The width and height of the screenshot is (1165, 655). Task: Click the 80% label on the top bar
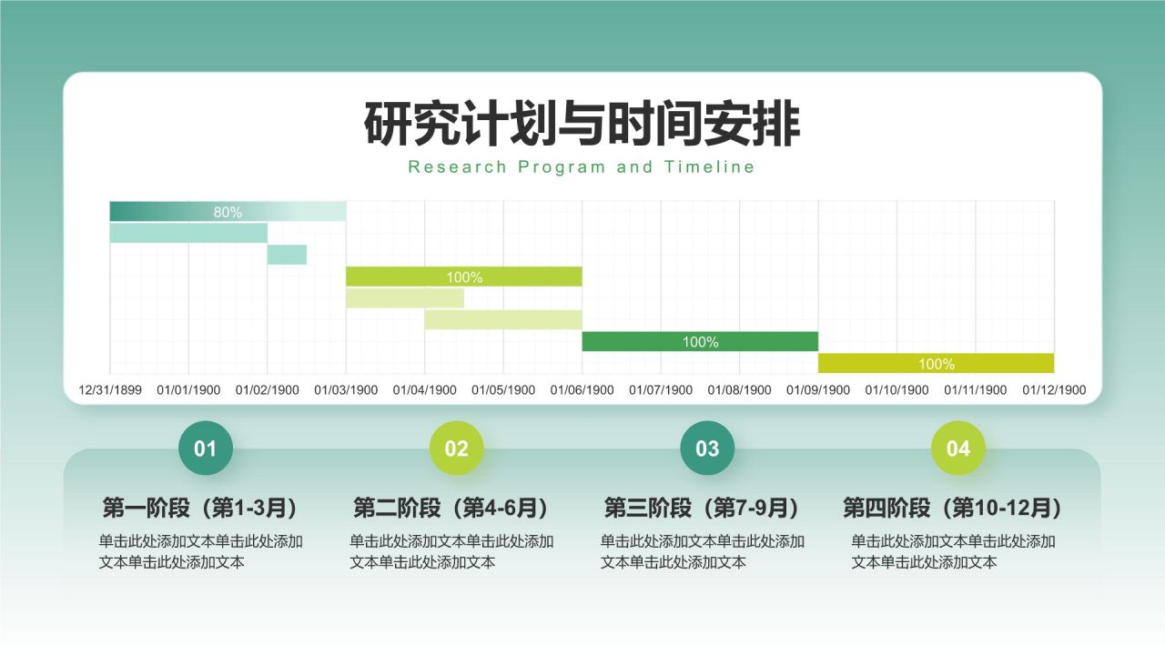(228, 212)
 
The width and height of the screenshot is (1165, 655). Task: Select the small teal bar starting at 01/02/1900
(287, 255)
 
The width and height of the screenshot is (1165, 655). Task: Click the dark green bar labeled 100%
(700, 341)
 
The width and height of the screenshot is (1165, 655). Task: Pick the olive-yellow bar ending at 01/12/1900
(937, 363)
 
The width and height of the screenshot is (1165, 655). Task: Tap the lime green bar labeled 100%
(464, 277)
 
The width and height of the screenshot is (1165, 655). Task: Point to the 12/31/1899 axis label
(110, 390)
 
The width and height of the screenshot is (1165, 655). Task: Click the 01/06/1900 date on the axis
(582, 390)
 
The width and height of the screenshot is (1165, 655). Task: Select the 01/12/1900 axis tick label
(1054, 390)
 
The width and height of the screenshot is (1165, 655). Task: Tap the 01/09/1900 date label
(818, 390)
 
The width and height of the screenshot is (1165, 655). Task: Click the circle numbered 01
(206, 448)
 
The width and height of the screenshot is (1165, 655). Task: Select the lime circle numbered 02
(456, 448)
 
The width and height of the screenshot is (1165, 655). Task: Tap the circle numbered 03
(707, 448)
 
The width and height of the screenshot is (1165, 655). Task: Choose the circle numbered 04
(958, 448)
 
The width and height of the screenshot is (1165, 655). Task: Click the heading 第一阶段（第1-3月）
(201, 508)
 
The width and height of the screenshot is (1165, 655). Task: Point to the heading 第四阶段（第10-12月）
(953, 508)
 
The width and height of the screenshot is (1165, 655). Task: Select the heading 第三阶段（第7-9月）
(702, 508)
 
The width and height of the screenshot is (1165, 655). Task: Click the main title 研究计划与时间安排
(582, 124)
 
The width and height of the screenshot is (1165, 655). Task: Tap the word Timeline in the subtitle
(709, 166)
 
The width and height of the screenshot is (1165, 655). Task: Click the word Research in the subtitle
(457, 166)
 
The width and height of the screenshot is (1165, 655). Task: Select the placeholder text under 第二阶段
(451, 551)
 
